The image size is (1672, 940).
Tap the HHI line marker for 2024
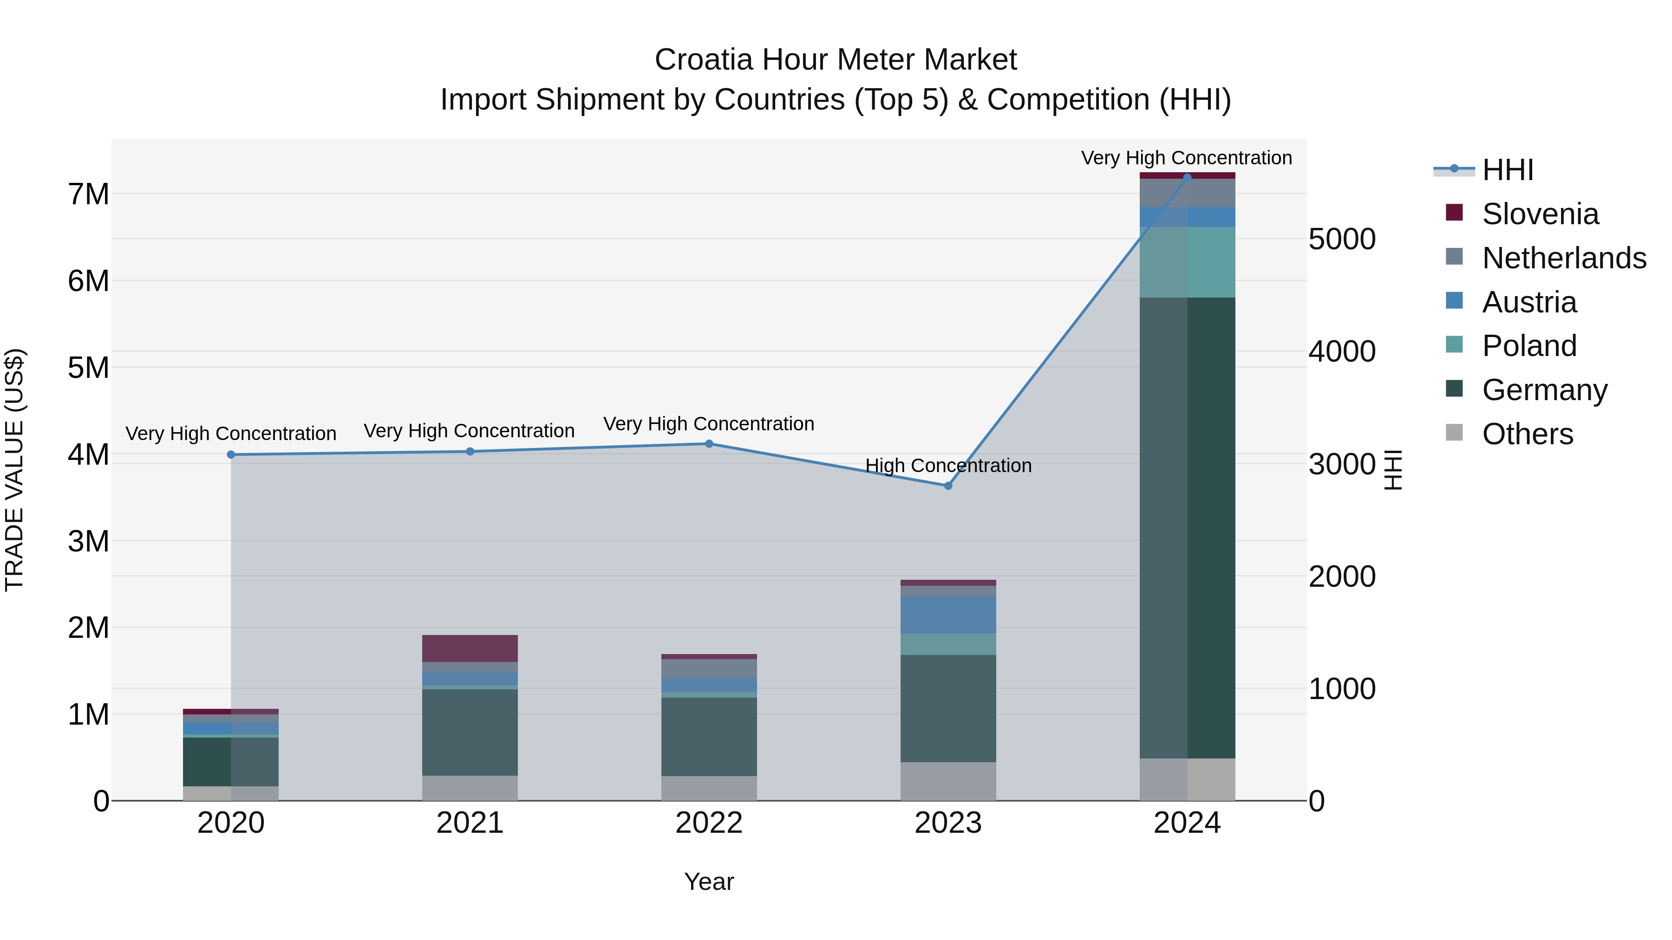tap(1187, 177)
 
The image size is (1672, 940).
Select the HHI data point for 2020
tap(231, 455)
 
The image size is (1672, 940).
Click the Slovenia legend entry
tap(1540, 214)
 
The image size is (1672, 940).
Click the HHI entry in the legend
tap(1507, 170)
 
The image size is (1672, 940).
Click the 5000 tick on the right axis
tap(1342, 240)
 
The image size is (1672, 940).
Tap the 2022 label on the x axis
tap(709, 823)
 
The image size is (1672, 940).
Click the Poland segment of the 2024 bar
tap(1187, 262)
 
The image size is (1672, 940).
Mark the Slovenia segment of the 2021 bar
tap(470, 648)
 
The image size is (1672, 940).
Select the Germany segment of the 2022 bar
tap(709, 736)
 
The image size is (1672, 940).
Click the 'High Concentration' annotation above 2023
tap(948, 466)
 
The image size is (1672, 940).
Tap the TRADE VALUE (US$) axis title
tap(14, 470)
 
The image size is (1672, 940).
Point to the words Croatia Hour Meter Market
tap(836, 60)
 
